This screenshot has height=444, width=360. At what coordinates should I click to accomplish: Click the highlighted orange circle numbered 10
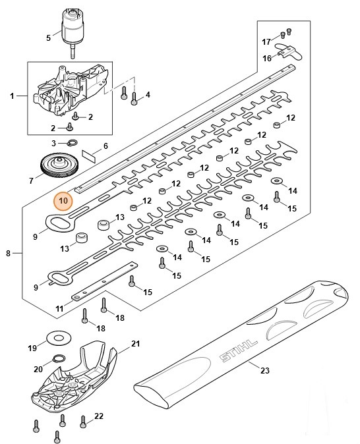point(63,200)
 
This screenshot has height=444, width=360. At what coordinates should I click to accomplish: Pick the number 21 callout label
point(136,343)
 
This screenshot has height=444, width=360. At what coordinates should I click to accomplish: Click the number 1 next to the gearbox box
point(12,97)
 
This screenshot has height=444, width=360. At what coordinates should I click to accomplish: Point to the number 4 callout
point(147,95)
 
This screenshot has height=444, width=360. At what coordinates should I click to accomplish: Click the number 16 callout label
point(267,58)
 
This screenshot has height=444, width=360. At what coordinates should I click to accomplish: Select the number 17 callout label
point(266,42)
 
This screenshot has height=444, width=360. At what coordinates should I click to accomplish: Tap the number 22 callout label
point(99,416)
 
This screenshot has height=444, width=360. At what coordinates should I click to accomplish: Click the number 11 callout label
point(59,308)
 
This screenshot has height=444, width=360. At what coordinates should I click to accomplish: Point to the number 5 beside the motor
point(47,38)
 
